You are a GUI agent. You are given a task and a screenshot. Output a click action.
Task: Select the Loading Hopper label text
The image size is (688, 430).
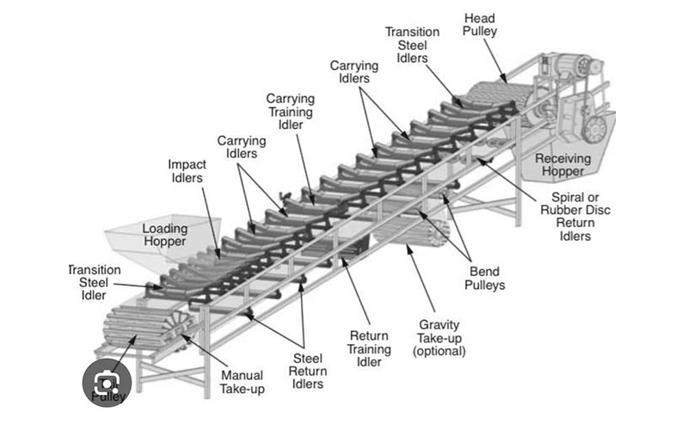tap(164, 235)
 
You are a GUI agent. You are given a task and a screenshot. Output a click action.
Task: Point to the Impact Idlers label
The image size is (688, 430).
tap(185, 170)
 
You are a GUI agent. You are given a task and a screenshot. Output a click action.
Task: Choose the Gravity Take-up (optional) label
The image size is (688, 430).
tap(439, 337)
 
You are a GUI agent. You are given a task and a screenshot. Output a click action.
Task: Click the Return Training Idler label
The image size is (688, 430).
tap(371, 348)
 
